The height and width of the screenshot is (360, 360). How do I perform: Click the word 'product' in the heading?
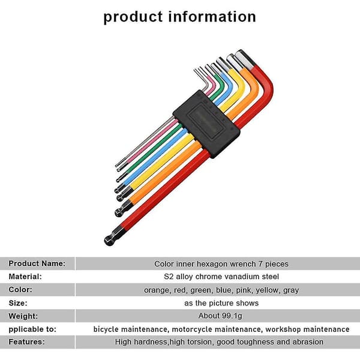(133, 17)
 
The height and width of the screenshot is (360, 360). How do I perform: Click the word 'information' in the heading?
(212, 17)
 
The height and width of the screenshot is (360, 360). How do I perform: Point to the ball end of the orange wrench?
(119, 212)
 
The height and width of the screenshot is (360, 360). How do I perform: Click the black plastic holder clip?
(206, 124)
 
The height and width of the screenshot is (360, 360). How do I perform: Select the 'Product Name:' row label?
(37, 263)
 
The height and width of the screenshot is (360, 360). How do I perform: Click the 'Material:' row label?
(25, 277)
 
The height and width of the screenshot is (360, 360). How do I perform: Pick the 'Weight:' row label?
(23, 316)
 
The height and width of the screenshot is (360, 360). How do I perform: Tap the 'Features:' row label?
(26, 341)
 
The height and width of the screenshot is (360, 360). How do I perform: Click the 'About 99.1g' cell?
(220, 316)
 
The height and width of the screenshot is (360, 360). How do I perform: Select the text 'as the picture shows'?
(221, 303)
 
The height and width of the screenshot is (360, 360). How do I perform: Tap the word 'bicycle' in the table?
(106, 329)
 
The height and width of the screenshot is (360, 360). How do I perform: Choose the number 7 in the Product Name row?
(260, 264)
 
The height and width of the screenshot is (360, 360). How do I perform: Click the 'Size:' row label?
(18, 303)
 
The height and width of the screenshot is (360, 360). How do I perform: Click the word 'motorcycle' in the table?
(193, 329)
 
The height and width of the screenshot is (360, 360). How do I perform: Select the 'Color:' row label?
(20, 290)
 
